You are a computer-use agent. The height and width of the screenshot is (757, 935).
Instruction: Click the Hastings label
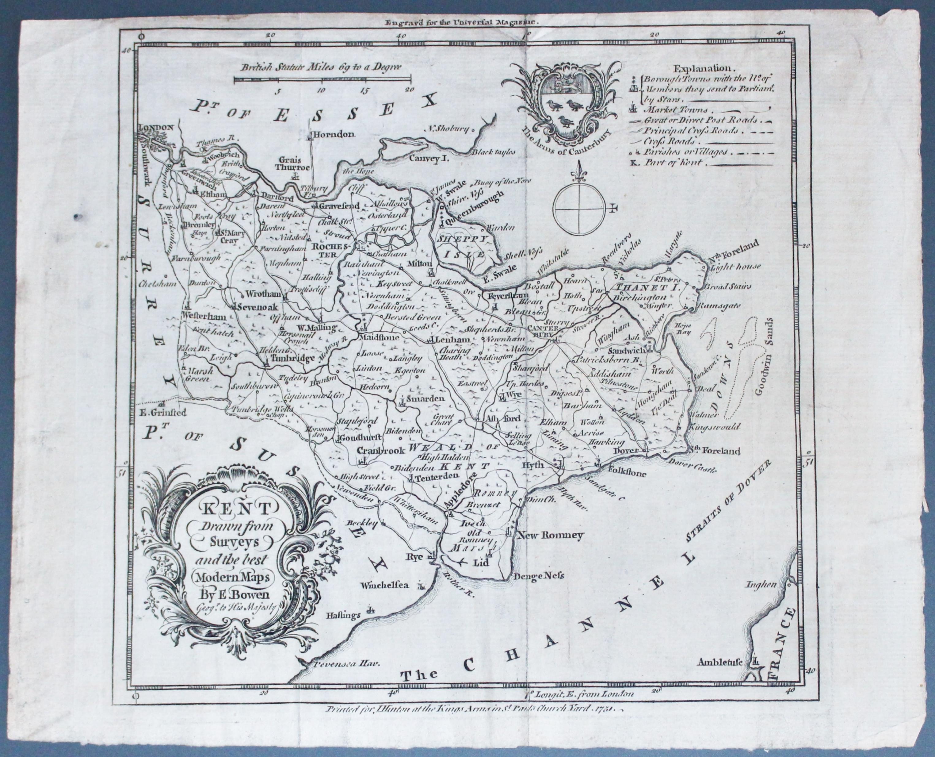(343, 616)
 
